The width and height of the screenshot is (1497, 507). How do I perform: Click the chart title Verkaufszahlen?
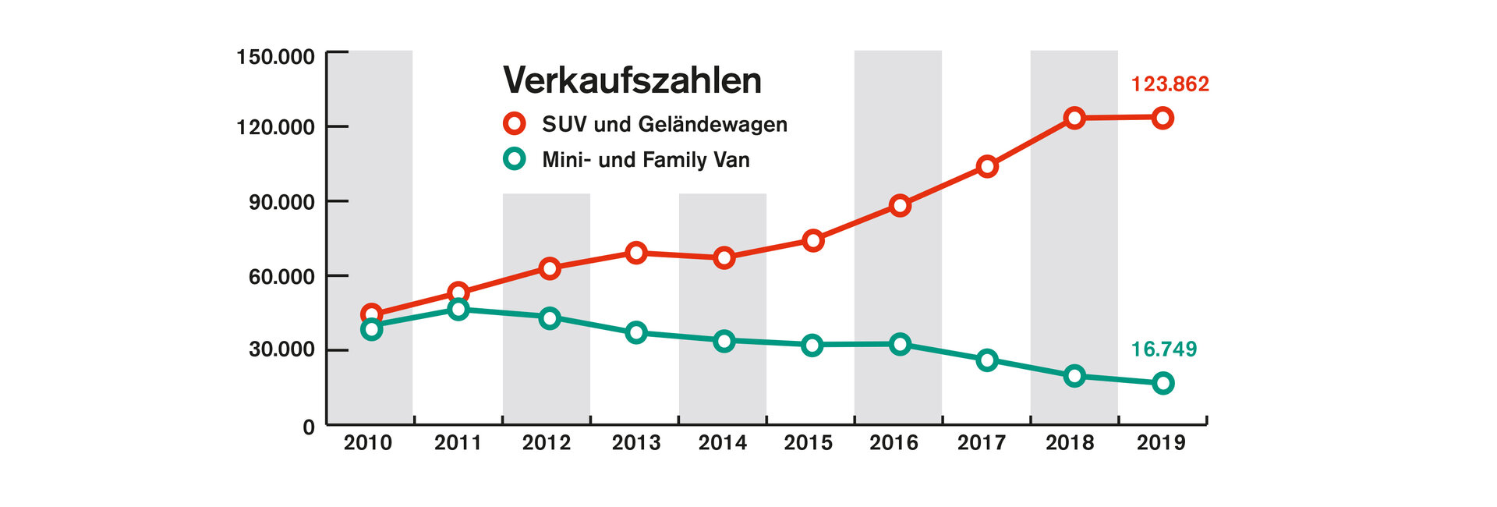(632, 80)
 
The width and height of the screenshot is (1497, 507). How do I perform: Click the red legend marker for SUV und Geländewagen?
(515, 123)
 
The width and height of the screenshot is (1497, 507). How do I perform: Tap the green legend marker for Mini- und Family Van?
(515, 159)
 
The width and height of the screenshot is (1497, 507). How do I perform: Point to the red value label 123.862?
(1170, 84)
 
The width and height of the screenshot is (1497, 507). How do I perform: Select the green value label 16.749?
(1163, 349)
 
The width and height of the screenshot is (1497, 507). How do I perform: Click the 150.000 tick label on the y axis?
(276, 57)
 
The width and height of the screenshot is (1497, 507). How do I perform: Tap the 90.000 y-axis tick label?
(281, 202)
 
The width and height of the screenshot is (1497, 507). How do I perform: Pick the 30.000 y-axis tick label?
(281, 349)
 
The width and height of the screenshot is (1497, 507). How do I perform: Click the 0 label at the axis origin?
(309, 427)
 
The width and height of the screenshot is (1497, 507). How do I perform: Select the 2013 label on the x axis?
(635, 443)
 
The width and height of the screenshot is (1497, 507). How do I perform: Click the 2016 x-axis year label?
(894, 443)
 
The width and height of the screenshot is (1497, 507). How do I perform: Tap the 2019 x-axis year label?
(1160, 443)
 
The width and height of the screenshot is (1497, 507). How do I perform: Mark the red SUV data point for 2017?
(987, 166)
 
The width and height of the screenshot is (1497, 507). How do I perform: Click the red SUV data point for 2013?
(636, 253)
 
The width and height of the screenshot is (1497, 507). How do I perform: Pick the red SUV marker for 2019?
(1163, 119)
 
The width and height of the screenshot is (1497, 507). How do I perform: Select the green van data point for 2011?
(458, 310)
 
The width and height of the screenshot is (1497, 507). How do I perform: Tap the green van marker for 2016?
(900, 344)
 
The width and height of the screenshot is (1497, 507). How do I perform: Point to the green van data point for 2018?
(1074, 376)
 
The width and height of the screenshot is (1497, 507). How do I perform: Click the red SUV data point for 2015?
(812, 240)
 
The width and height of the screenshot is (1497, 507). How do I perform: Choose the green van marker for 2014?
(724, 341)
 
